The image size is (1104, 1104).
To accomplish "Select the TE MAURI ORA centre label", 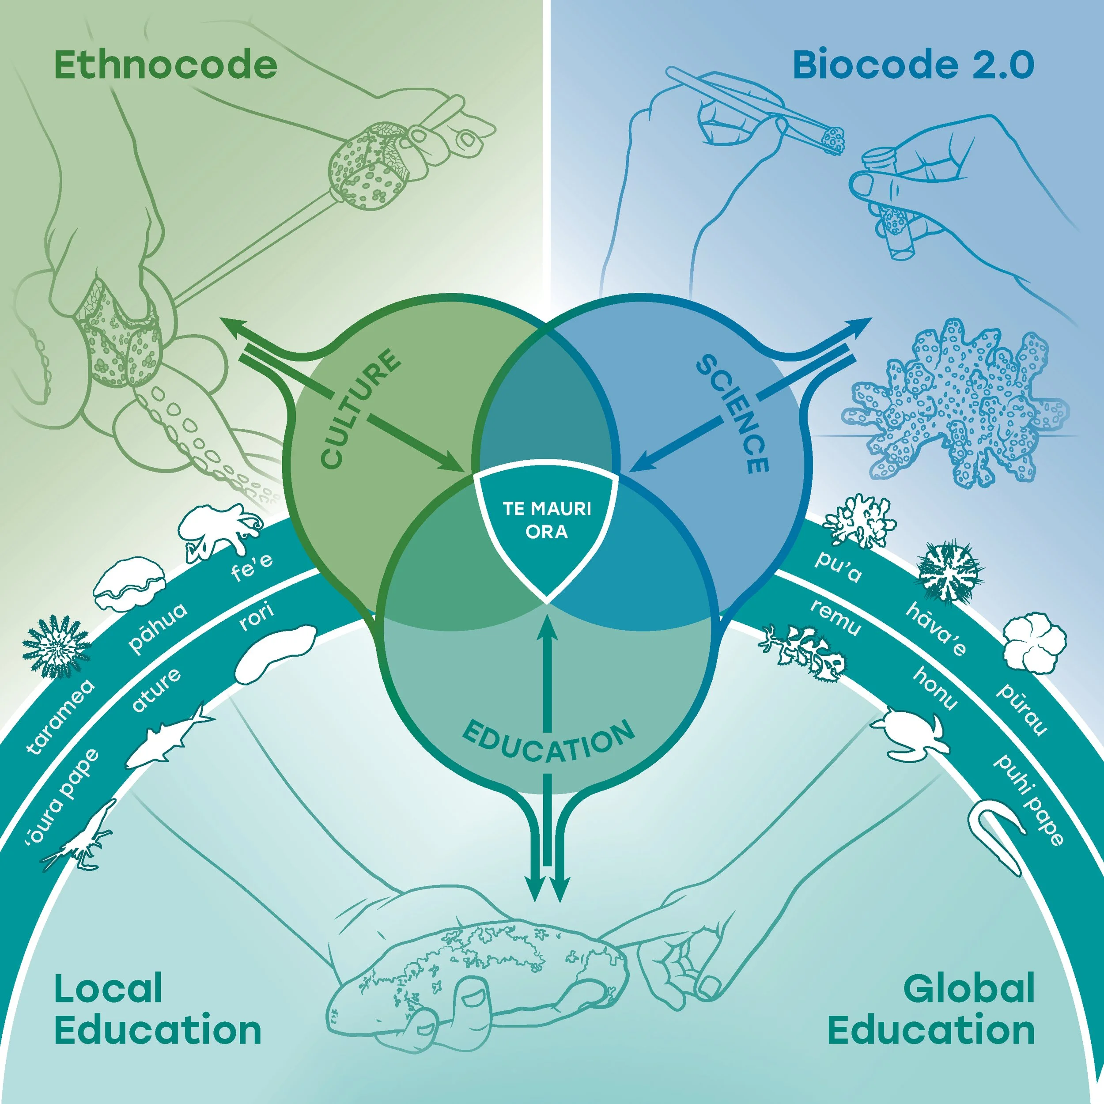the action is coord(547,520).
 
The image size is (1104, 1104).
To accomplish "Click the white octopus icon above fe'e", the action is coord(220,531).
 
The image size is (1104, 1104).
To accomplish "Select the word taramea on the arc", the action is coord(60,718).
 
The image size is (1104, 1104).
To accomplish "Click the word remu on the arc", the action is coord(835,618).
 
